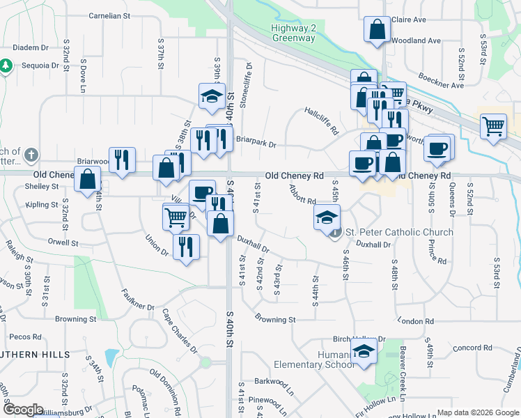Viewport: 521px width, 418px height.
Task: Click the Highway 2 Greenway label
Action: click(293, 33)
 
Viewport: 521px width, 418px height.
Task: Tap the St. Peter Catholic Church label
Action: click(399, 232)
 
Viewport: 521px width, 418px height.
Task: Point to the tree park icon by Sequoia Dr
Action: click(6, 66)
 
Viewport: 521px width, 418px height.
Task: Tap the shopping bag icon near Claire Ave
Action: click(376, 30)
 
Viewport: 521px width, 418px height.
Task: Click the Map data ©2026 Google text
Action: click(477, 412)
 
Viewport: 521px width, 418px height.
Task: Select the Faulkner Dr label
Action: click(137, 301)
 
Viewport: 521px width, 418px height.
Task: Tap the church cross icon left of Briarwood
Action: click(31, 154)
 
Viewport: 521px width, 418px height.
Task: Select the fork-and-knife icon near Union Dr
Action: click(186, 247)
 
